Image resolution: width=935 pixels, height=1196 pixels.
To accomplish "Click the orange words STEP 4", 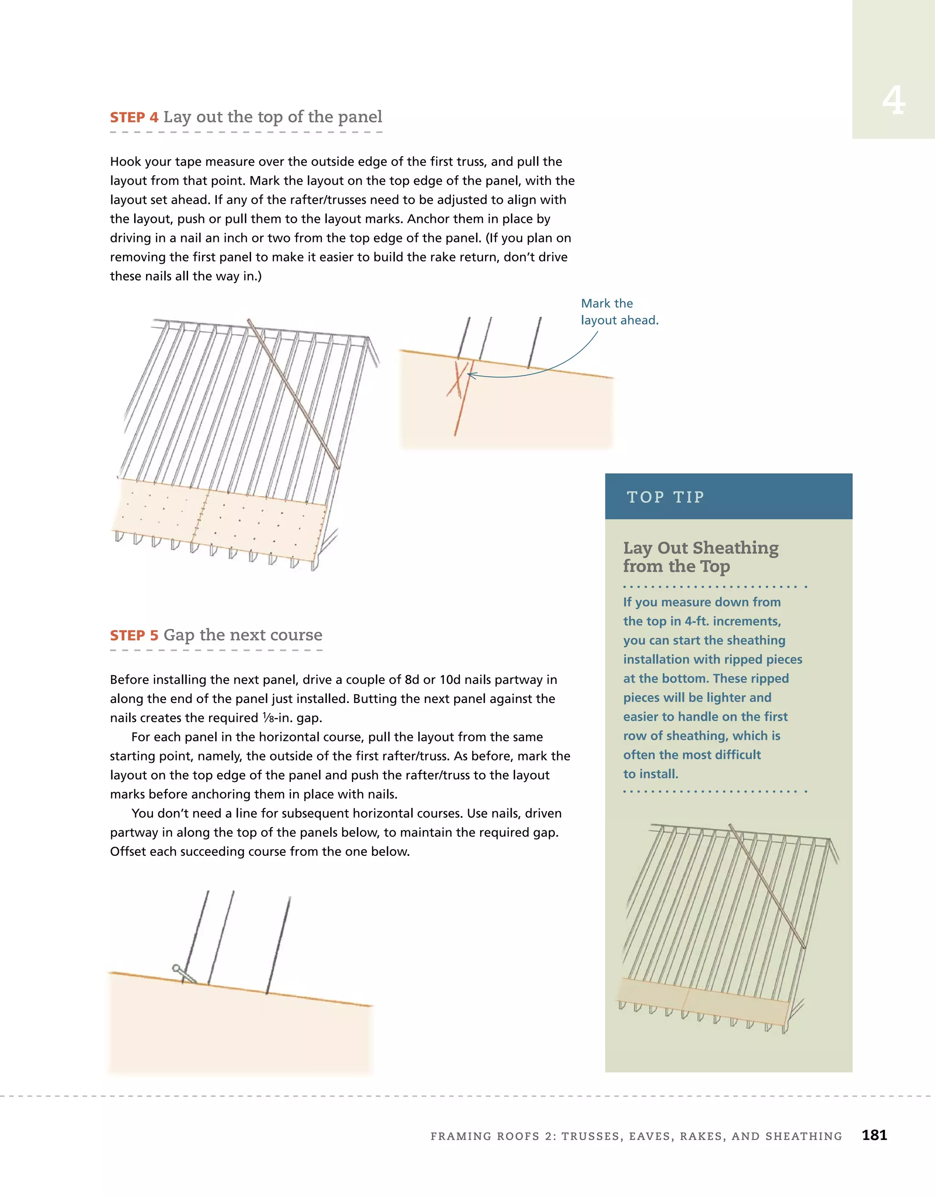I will tap(134, 117).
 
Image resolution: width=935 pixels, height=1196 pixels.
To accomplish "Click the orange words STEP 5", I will tap(134, 635).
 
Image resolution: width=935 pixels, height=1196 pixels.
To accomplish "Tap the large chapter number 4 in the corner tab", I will tap(893, 101).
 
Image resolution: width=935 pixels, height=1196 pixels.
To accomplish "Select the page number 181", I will tap(874, 1135).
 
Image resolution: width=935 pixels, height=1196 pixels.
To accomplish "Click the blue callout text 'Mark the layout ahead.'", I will tap(619, 312).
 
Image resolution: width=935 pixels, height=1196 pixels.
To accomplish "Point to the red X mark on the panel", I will tap(457, 379).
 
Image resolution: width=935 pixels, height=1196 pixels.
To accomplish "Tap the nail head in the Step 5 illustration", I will tap(176, 968).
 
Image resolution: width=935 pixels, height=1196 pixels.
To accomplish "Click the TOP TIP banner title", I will tap(665, 497).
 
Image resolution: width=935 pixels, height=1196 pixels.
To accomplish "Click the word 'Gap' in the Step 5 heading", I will tap(179, 635).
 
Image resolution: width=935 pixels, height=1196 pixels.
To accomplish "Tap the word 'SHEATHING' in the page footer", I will tap(804, 1136).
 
